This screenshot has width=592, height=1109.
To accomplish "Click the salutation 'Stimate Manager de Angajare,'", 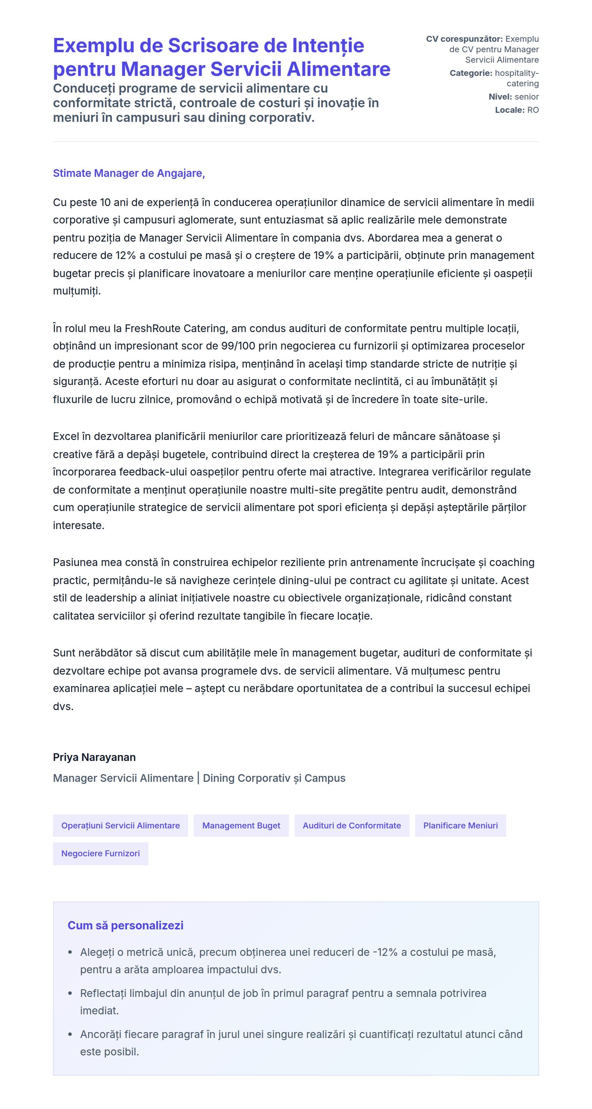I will pos(129,173).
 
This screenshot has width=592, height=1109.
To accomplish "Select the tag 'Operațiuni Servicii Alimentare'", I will pos(120,825).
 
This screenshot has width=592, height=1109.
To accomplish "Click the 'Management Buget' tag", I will pos(241,825).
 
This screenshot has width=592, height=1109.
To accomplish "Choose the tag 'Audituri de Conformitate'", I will pos(351,825).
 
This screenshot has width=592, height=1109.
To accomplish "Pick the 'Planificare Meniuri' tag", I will pos(460,825).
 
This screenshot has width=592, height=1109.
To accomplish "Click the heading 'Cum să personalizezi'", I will pos(125,925).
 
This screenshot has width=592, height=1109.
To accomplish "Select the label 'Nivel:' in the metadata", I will pos(500,97).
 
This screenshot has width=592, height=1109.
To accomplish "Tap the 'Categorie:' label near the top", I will pos(470,73).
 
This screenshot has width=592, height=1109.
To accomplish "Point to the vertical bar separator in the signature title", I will pos(198,778).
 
